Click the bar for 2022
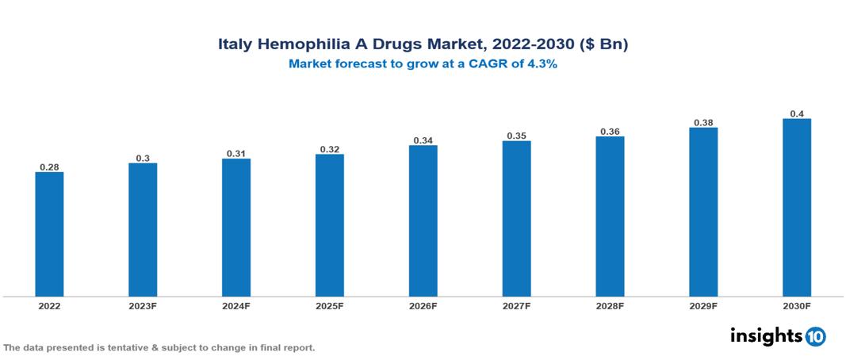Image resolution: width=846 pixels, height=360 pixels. pyautogui.click(x=49, y=234)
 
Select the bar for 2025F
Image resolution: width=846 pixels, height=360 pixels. pyautogui.click(x=330, y=225)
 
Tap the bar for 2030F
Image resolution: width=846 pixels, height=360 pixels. pyautogui.click(x=797, y=208)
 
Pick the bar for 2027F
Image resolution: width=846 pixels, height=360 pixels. pyautogui.click(x=516, y=219)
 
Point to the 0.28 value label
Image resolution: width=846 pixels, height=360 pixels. pyautogui.click(x=49, y=167)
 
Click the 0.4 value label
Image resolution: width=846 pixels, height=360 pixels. pyautogui.click(x=797, y=113)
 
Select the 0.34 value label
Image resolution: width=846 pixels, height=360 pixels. pyautogui.click(x=423, y=140)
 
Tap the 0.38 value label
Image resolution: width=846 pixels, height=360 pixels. pyautogui.click(x=703, y=123)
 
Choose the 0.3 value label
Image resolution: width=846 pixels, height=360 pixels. pyautogui.click(x=143, y=158)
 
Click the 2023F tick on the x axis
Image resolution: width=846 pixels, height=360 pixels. pyautogui.click(x=143, y=306)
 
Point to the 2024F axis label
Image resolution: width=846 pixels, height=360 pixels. pyautogui.click(x=236, y=306)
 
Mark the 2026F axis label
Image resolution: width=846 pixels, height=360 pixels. pyautogui.click(x=423, y=306)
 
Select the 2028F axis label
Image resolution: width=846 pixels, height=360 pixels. pyautogui.click(x=610, y=306)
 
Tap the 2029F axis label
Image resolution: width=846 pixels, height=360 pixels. pyautogui.click(x=703, y=306)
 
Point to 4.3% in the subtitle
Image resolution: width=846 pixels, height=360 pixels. pyautogui.click(x=542, y=65)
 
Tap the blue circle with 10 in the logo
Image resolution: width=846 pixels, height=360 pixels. pyautogui.click(x=815, y=337)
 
